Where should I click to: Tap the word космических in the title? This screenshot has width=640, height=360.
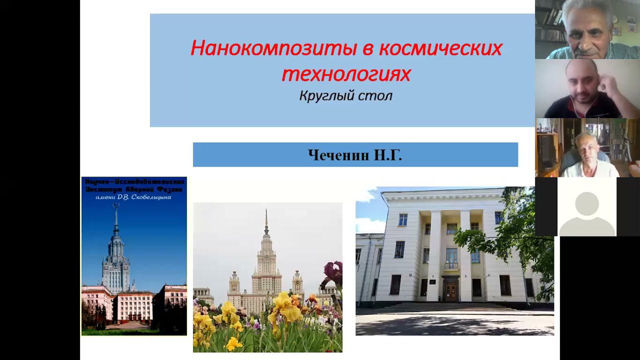[x=440, y=48]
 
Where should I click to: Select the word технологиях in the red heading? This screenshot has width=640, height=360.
[x=346, y=74]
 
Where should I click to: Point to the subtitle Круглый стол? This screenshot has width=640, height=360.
[x=345, y=95]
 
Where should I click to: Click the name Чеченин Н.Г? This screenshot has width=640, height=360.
[x=355, y=155]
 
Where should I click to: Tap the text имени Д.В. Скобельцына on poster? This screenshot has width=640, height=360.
[x=134, y=197]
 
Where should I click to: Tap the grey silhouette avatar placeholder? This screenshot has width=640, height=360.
[x=587, y=210]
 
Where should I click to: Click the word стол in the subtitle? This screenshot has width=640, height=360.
[x=378, y=95]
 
